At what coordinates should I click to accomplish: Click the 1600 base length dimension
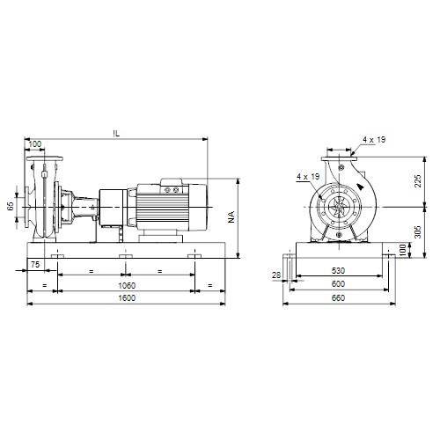127,298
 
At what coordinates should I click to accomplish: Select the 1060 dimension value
127,285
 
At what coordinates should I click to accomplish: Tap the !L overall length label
116,134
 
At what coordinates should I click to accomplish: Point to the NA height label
231,216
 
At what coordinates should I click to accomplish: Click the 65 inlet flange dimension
11,206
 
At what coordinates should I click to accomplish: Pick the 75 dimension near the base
35,264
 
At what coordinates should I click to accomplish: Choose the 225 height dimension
418,181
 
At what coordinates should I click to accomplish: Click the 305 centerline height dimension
418,231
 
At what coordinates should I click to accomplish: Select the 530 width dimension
338,270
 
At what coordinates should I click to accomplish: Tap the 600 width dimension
338,284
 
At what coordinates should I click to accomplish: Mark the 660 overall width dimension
338,298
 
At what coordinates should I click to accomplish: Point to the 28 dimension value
276,275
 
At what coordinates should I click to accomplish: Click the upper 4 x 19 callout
374,140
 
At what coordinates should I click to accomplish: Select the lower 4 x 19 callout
308,177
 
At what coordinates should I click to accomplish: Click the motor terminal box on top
172,185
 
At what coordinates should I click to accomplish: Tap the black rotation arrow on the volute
360,187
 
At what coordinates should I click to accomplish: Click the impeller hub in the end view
339,207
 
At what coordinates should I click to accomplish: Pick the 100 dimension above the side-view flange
35,144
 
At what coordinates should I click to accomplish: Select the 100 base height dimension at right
403,250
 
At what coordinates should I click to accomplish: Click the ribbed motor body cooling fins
162,208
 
